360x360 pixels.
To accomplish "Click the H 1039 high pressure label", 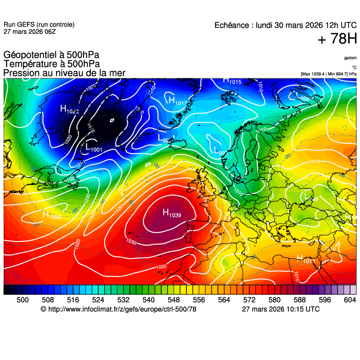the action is (x=172, y=213).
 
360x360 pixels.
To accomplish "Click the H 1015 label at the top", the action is (x=232, y=81).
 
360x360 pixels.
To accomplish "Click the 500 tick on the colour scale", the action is (x=22, y=300).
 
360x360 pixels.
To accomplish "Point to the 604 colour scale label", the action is (x=349, y=300).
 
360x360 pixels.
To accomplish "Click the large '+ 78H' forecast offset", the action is (x=337, y=39).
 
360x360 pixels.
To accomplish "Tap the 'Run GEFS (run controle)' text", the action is (x=39, y=25).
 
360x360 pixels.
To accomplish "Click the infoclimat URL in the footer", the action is (x=118, y=309).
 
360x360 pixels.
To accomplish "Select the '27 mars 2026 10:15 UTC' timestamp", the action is (x=281, y=309).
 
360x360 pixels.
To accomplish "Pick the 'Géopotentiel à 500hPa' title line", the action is (x=51, y=56).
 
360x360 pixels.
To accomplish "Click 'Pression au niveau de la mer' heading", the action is (x=64, y=73).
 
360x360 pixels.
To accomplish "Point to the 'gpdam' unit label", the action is (x=350, y=58).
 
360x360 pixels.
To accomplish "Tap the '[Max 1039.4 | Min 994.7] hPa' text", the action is (x=328, y=73).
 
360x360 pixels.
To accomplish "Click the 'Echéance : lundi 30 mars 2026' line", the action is (x=286, y=26).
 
